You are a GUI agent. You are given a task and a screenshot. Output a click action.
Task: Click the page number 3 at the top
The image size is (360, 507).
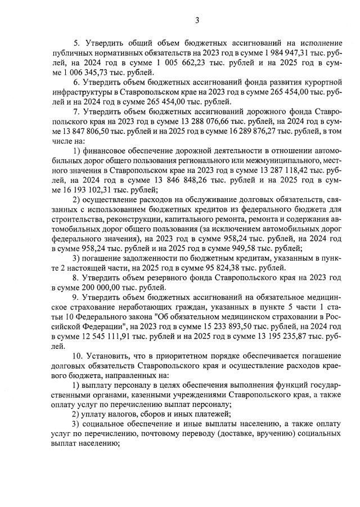tap(197, 21)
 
